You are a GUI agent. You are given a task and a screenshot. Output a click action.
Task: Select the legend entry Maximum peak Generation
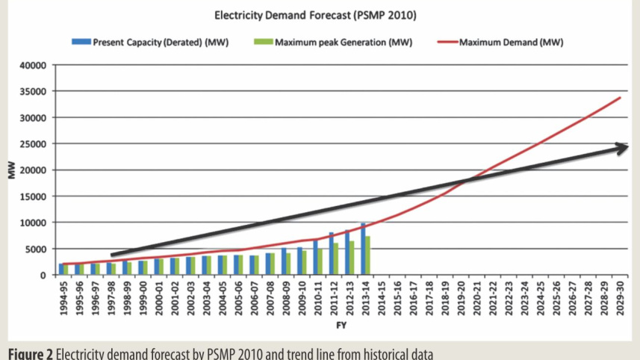click(343, 42)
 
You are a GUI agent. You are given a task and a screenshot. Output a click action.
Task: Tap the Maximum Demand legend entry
click(511, 42)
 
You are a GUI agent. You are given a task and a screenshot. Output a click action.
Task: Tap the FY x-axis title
click(341, 326)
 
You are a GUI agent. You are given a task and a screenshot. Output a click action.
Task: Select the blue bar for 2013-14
click(363, 249)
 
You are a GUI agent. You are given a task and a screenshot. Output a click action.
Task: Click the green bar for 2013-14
click(368, 255)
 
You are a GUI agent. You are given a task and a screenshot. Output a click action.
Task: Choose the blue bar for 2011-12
click(332, 254)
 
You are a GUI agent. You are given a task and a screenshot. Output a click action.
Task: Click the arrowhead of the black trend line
click(621, 149)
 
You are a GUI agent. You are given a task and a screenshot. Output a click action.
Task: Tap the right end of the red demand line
click(621, 97)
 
